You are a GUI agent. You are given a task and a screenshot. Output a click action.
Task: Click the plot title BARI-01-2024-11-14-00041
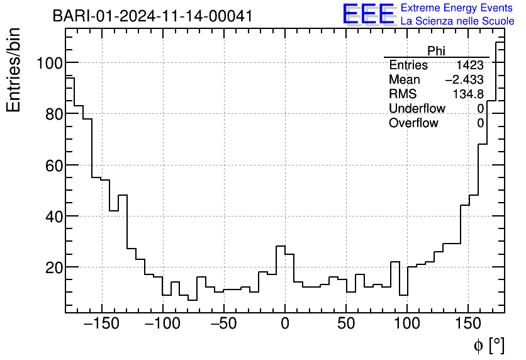152,16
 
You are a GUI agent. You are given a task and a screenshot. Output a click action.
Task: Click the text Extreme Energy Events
457,8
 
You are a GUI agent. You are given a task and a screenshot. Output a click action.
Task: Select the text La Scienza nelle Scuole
457,21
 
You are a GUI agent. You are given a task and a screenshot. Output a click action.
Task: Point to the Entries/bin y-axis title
14,70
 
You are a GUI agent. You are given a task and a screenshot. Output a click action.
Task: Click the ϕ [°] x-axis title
488,345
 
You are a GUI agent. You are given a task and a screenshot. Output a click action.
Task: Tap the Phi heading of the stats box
436,51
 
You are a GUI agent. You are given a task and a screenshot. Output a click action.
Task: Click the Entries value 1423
469,65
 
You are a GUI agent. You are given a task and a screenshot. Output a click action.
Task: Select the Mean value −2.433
464,80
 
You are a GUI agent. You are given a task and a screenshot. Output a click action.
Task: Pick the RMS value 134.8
468,94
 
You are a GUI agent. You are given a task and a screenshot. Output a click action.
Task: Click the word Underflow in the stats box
417,109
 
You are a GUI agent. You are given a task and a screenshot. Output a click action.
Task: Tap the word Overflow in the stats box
413,123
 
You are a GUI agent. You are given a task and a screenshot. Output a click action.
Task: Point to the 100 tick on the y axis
48,63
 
